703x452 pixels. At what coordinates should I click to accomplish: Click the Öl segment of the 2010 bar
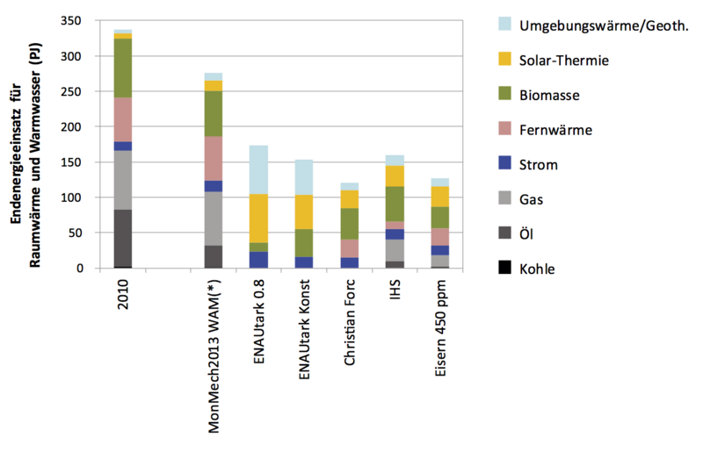(x=122, y=237)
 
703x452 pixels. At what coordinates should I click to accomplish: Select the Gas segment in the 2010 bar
(x=122, y=180)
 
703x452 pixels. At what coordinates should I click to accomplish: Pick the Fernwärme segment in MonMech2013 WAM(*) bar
(x=214, y=158)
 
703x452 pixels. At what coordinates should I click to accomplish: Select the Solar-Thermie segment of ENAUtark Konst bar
(x=304, y=212)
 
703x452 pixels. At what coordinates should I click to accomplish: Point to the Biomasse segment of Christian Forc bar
(x=350, y=223)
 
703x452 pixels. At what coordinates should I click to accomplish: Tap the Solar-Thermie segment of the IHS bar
(x=395, y=176)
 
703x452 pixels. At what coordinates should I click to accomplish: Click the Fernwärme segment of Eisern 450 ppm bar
(x=440, y=237)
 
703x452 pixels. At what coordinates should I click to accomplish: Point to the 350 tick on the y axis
(x=80, y=21)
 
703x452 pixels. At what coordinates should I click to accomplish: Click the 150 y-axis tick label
(x=80, y=162)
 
